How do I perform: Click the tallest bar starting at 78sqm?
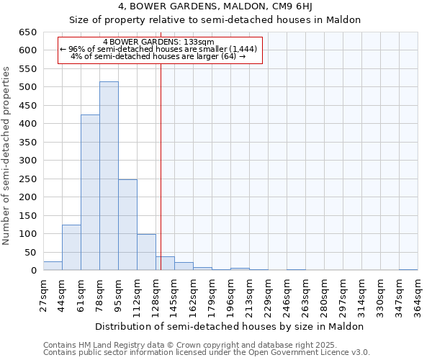(109, 176)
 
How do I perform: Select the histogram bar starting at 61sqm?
(90, 193)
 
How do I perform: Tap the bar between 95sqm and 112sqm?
(127, 225)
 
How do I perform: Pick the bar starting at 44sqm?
(71, 248)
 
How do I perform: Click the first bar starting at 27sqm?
(53, 266)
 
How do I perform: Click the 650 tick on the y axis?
(28, 32)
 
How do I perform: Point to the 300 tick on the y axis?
(28, 161)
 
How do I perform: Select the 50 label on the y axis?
(31, 253)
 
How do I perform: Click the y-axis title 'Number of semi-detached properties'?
(7, 155)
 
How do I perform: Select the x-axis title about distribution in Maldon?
(229, 326)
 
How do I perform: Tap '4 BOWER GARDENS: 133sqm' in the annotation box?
(158, 42)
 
